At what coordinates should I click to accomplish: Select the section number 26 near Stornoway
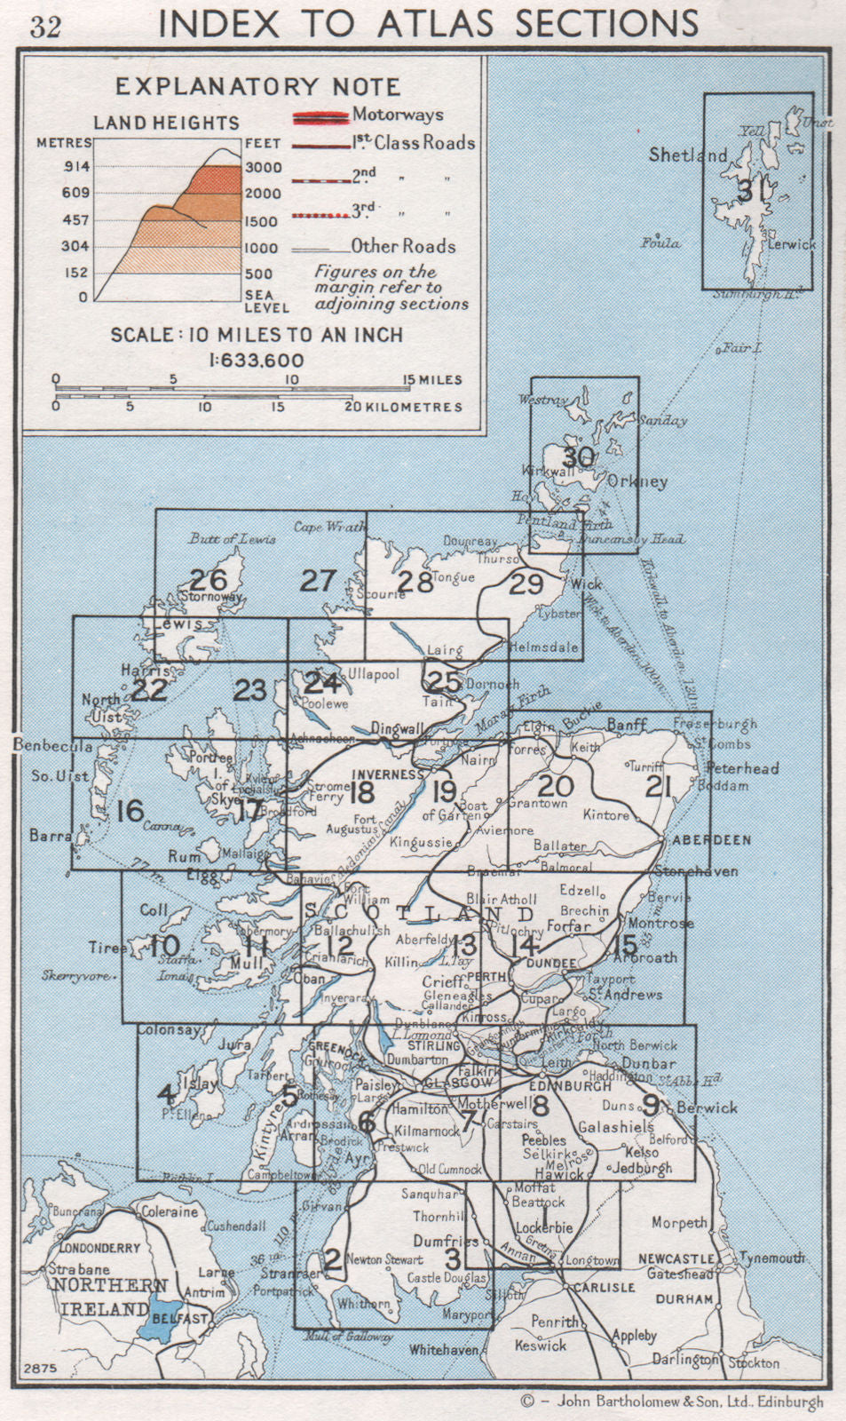209,580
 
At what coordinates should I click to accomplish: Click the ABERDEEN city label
711,839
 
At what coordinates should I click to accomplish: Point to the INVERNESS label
387,774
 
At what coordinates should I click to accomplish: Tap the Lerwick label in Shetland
791,244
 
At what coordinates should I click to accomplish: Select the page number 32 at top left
45,27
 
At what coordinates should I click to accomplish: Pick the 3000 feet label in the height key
264,167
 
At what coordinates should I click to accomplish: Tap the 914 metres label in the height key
75,166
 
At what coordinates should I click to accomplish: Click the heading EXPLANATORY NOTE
257,87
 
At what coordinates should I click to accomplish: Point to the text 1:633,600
257,361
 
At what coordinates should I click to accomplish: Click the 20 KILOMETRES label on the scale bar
403,407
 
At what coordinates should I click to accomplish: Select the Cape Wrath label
329,526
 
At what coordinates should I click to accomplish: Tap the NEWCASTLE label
676,1259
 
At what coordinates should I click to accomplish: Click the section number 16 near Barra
130,810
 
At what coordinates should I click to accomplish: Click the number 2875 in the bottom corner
41,1369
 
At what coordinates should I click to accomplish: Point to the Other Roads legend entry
403,246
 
